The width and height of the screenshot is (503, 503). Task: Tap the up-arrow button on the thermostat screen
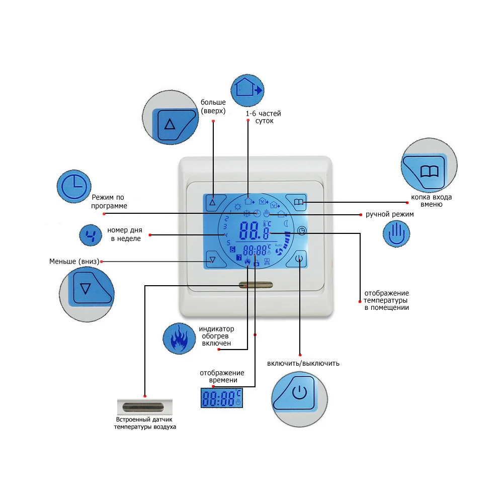212,202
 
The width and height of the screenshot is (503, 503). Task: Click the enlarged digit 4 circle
91,235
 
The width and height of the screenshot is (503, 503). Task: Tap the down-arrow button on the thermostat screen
212,260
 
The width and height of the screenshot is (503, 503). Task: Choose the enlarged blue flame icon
179,339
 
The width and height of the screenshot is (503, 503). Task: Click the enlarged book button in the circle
429,170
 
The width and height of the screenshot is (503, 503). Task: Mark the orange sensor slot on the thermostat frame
256,285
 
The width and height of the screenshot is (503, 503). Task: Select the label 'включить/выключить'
303,363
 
